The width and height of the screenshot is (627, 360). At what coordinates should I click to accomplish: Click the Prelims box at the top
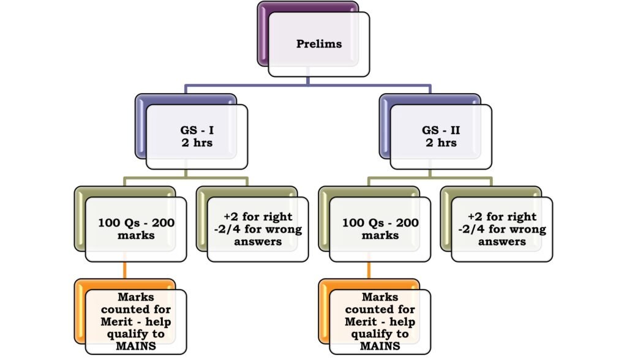pyautogui.click(x=318, y=44)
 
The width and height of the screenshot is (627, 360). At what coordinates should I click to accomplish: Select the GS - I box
pyautogui.click(x=197, y=136)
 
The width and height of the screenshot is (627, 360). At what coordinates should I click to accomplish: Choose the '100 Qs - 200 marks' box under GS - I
pyautogui.click(x=136, y=229)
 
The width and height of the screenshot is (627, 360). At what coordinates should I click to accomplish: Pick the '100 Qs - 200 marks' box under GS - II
pyautogui.click(x=380, y=229)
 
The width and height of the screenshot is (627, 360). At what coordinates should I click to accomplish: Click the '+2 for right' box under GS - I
pyautogui.click(x=257, y=229)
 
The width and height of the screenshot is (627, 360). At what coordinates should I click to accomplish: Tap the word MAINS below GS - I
pyautogui.click(x=137, y=345)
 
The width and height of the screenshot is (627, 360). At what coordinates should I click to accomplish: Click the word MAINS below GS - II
pyautogui.click(x=380, y=345)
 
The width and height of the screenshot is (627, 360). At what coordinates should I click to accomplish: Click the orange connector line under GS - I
pyautogui.click(x=124, y=270)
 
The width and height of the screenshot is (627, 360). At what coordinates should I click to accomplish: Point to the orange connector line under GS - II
pyautogui.click(x=369, y=270)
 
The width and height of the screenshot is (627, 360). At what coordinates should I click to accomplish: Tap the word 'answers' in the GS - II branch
pyautogui.click(x=502, y=241)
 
